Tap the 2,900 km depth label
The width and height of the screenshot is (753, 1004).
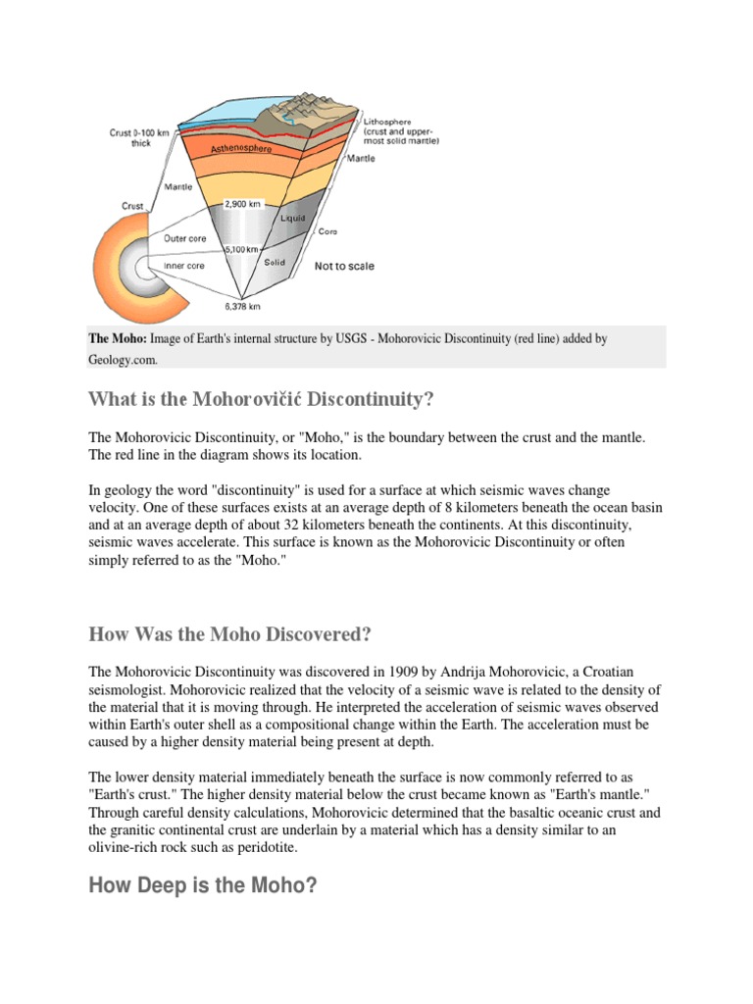[243, 205]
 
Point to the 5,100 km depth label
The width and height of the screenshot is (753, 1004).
[242, 249]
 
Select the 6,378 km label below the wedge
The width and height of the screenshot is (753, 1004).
[242, 306]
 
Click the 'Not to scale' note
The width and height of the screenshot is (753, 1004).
[343, 266]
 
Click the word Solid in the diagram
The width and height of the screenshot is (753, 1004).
[275, 263]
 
